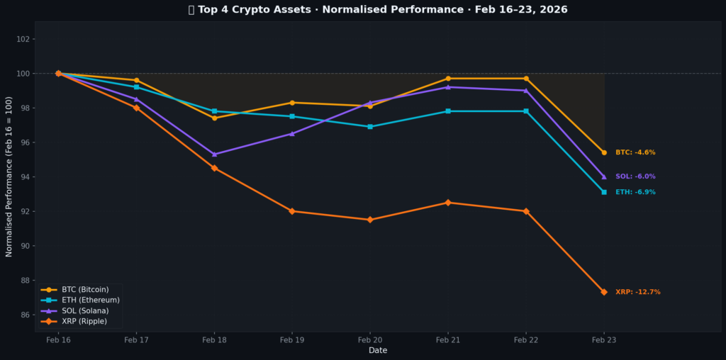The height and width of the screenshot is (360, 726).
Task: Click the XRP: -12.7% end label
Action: [637, 292]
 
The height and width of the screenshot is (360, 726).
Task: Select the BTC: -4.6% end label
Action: [635, 152]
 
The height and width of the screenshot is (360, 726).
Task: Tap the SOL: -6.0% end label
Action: [635, 176]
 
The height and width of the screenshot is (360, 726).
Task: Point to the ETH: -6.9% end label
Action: [635, 192]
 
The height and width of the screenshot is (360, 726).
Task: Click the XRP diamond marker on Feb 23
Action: [604, 292]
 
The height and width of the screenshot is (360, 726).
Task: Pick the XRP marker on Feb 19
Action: [292, 211]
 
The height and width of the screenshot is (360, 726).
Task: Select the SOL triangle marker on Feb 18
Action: [214, 154]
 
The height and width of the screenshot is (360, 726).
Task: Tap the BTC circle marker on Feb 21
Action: [448, 79]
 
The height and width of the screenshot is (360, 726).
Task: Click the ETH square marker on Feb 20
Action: [370, 127]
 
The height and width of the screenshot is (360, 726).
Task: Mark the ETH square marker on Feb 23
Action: [604, 192]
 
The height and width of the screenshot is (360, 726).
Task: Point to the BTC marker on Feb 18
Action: [214, 118]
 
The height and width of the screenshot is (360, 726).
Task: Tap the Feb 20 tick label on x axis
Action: [370, 340]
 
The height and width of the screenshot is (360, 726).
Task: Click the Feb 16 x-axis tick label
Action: [58, 340]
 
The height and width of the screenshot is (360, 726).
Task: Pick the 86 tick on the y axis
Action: [26, 315]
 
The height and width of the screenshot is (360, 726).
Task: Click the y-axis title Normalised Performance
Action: [9, 177]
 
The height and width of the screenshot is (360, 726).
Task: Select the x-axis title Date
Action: [378, 350]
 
